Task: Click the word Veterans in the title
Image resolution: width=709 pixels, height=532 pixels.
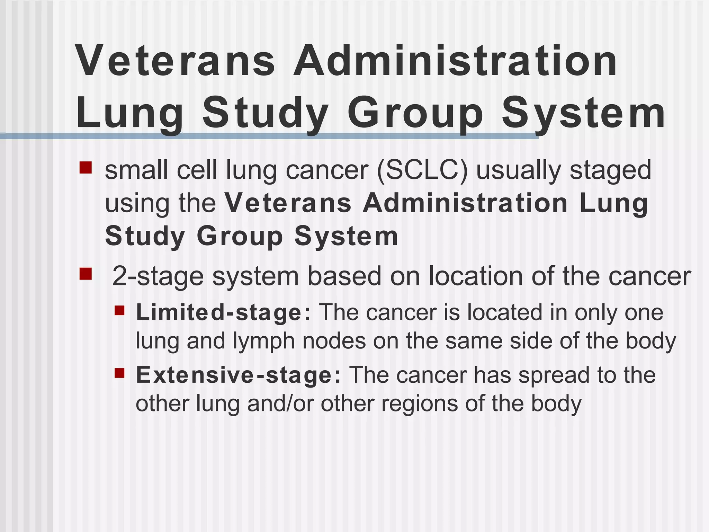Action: point(175,62)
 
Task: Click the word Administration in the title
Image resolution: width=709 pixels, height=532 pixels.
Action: point(455,62)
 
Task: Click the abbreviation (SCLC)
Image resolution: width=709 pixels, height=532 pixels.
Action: point(422,170)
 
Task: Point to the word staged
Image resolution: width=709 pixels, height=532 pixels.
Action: point(610,171)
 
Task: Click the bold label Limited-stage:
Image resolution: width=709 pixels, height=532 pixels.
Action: point(224,313)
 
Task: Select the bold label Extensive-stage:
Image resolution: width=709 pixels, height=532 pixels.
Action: point(239,375)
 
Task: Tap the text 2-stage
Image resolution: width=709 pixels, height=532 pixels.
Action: point(158,277)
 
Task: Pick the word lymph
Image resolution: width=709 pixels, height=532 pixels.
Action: point(263,342)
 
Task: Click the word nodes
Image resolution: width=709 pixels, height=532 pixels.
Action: point(334,341)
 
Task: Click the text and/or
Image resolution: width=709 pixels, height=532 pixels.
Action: point(280,404)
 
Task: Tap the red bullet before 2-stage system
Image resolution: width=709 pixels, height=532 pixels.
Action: point(86,274)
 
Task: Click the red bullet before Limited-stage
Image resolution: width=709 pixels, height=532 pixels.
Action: point(119,310)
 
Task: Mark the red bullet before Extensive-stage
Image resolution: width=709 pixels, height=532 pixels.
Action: point(119,373)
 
